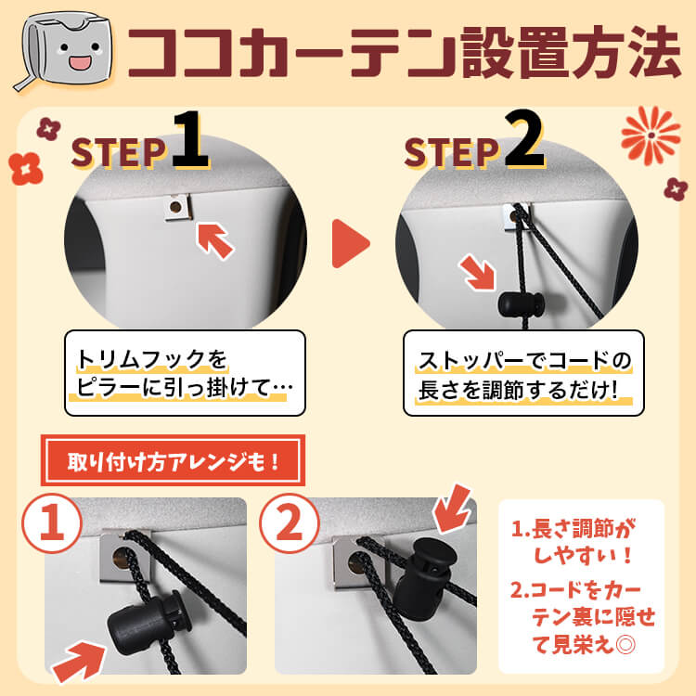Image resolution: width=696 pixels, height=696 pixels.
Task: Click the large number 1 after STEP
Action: tap(190, 142)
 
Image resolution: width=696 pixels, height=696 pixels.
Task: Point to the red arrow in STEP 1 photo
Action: tap(215, 240)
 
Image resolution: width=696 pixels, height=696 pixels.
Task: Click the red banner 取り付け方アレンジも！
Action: tap(173, 461)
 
